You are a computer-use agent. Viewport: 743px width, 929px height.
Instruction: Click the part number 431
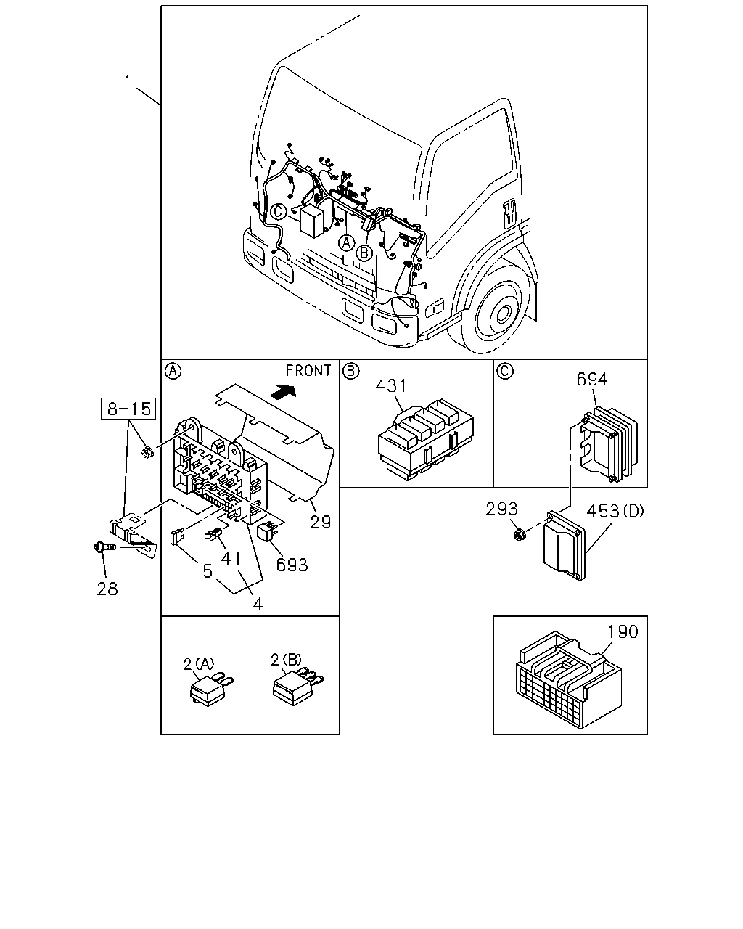[390, 385]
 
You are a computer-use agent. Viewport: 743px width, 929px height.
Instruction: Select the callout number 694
[592, 379]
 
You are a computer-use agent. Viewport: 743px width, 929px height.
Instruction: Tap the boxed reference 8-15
[128, 409]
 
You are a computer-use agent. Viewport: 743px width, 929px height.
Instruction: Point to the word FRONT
[308, 370]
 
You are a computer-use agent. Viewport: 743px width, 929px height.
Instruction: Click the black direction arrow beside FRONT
[283, 391]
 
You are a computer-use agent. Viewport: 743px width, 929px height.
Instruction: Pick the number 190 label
[623, 631]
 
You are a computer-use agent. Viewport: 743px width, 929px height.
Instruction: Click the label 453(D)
[615, 511]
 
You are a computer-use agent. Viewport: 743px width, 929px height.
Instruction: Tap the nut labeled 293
[518, 535]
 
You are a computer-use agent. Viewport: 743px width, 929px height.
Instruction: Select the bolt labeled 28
[105, 547]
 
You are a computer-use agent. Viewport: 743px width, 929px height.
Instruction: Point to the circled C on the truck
[279, 211]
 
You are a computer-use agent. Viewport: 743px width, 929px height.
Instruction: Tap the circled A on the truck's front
[346, 242]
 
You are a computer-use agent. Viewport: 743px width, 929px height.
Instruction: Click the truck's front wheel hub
[503, 314]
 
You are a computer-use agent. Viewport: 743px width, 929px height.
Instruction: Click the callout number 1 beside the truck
[128, 81]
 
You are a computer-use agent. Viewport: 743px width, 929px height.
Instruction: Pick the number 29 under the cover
[320, 522]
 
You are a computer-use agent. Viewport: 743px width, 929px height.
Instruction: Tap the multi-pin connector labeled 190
[568, 679]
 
